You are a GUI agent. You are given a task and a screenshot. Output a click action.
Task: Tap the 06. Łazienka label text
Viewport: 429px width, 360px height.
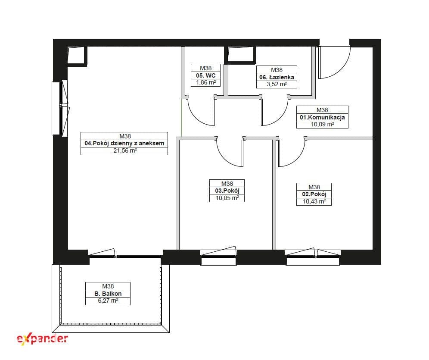(x=277, y=77)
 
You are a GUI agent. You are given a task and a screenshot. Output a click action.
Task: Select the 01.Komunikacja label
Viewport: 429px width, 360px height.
(x=322, y=117)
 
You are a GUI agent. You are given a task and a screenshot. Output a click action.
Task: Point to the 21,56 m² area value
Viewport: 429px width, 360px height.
(x=125, y=150)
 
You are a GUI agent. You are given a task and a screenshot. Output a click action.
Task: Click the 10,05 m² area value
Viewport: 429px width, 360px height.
(x=227, y=198)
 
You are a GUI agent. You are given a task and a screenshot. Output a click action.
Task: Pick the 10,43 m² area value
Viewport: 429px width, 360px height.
(x=314, y=201)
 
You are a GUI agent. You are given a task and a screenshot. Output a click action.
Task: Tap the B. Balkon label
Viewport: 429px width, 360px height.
(x=108, y=294)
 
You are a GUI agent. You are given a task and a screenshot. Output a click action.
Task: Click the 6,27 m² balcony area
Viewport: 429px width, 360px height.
(x=108, y=301)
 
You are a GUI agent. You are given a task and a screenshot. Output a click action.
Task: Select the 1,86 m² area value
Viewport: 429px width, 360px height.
(x=206, y=82)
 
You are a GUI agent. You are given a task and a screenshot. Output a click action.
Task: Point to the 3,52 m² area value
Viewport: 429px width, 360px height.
(x=277, y=85)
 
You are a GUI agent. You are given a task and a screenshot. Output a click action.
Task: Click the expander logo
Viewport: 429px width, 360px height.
(x=42, y=339)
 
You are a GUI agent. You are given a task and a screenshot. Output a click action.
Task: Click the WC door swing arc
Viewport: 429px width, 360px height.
(x=196, y=117)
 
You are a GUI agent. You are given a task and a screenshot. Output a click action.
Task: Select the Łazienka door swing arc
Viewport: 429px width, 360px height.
(x=280, y=117)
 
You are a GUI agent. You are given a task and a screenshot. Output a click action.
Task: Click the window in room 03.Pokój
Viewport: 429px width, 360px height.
(x=218, y=256)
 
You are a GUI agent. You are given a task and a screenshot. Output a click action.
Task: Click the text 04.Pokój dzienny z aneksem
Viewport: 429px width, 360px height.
(x=124, y=143)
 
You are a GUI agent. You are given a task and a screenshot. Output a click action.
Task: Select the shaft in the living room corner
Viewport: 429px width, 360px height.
(x=77, y=56)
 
